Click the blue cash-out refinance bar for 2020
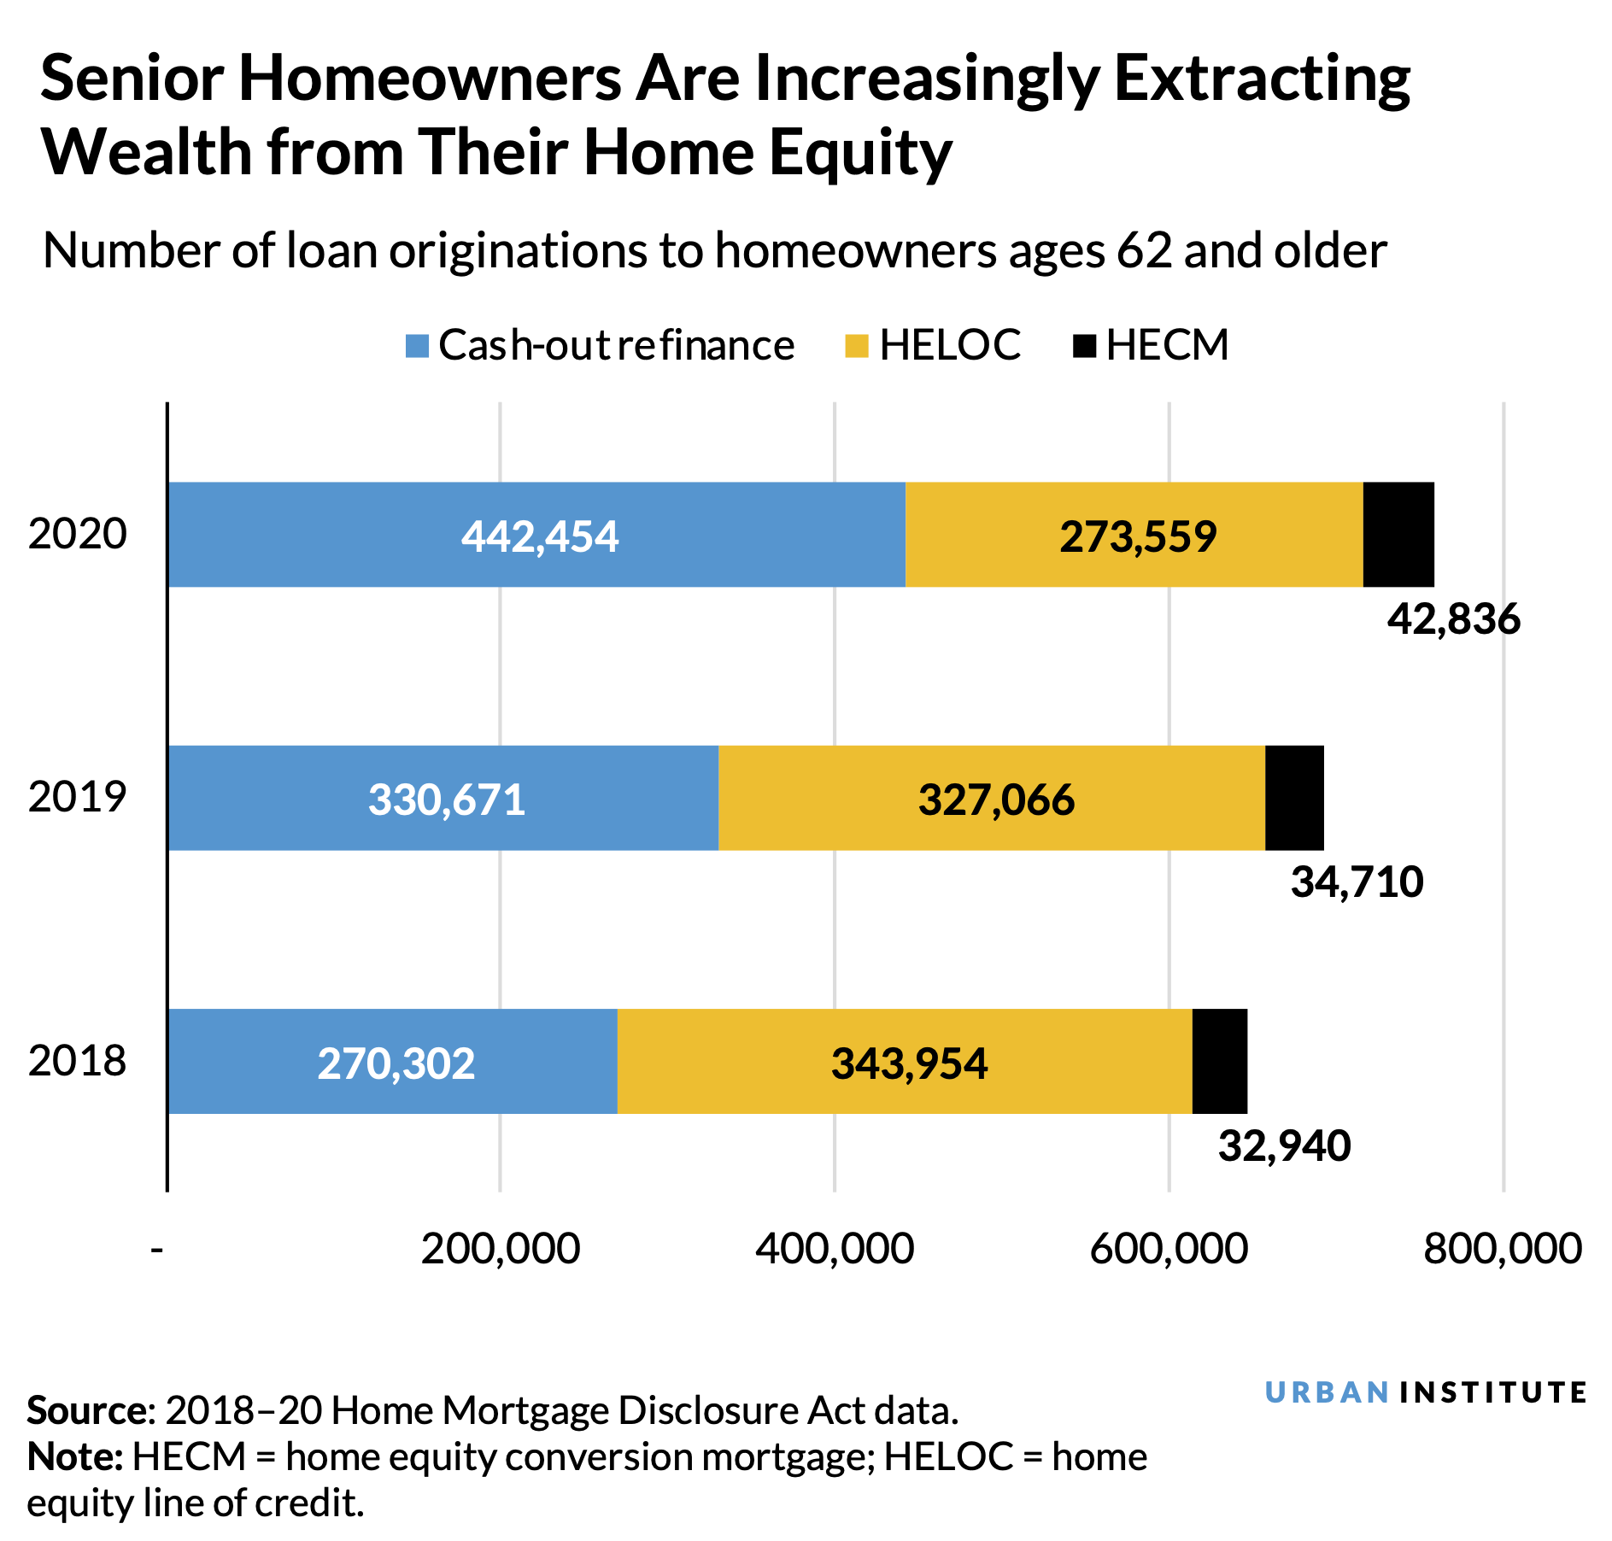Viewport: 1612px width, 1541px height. [x=536, y=535]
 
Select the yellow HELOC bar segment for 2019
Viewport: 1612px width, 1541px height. [x=991, y=798]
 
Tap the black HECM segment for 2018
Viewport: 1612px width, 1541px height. [x=1219, y=1061]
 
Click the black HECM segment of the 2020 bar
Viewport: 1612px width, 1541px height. [x=1398, y=535]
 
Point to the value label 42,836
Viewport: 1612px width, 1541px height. [x=1453, y=619]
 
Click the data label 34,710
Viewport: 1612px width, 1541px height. [x=1357, y=882]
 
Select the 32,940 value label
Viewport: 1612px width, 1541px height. [x=1284, y=1146]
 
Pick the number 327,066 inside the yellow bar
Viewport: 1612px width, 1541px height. [x=996, y=800]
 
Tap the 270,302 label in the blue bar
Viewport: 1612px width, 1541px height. [x=396, y=1064]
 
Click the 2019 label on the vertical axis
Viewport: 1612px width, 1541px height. [x=77, y=797]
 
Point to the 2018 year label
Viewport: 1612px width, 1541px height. [x=77, y=1061]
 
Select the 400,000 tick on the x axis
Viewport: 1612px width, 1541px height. [x=835, y=1249]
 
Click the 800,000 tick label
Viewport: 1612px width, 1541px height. [x=1503, y=1249]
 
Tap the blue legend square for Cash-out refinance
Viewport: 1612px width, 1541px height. [x=417, y=346]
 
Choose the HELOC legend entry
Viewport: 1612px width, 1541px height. [x=950, y=345]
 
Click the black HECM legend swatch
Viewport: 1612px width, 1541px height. [x=1084, y=346]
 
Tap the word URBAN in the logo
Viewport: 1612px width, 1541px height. [x=1326, y=1392]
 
